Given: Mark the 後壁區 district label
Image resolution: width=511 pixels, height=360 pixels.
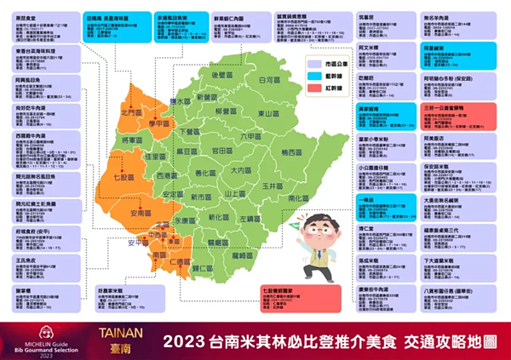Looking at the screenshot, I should pyautogui.click(x=221, y=75).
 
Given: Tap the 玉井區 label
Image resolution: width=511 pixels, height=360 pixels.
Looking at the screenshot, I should pyautogui.click(x=272, y=185).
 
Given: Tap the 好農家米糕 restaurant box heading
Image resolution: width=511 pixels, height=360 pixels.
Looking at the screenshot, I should pyautogui.click(x=114, y=289).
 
